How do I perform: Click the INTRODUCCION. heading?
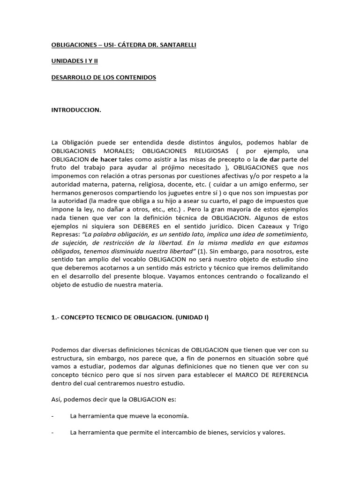point(76,111)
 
